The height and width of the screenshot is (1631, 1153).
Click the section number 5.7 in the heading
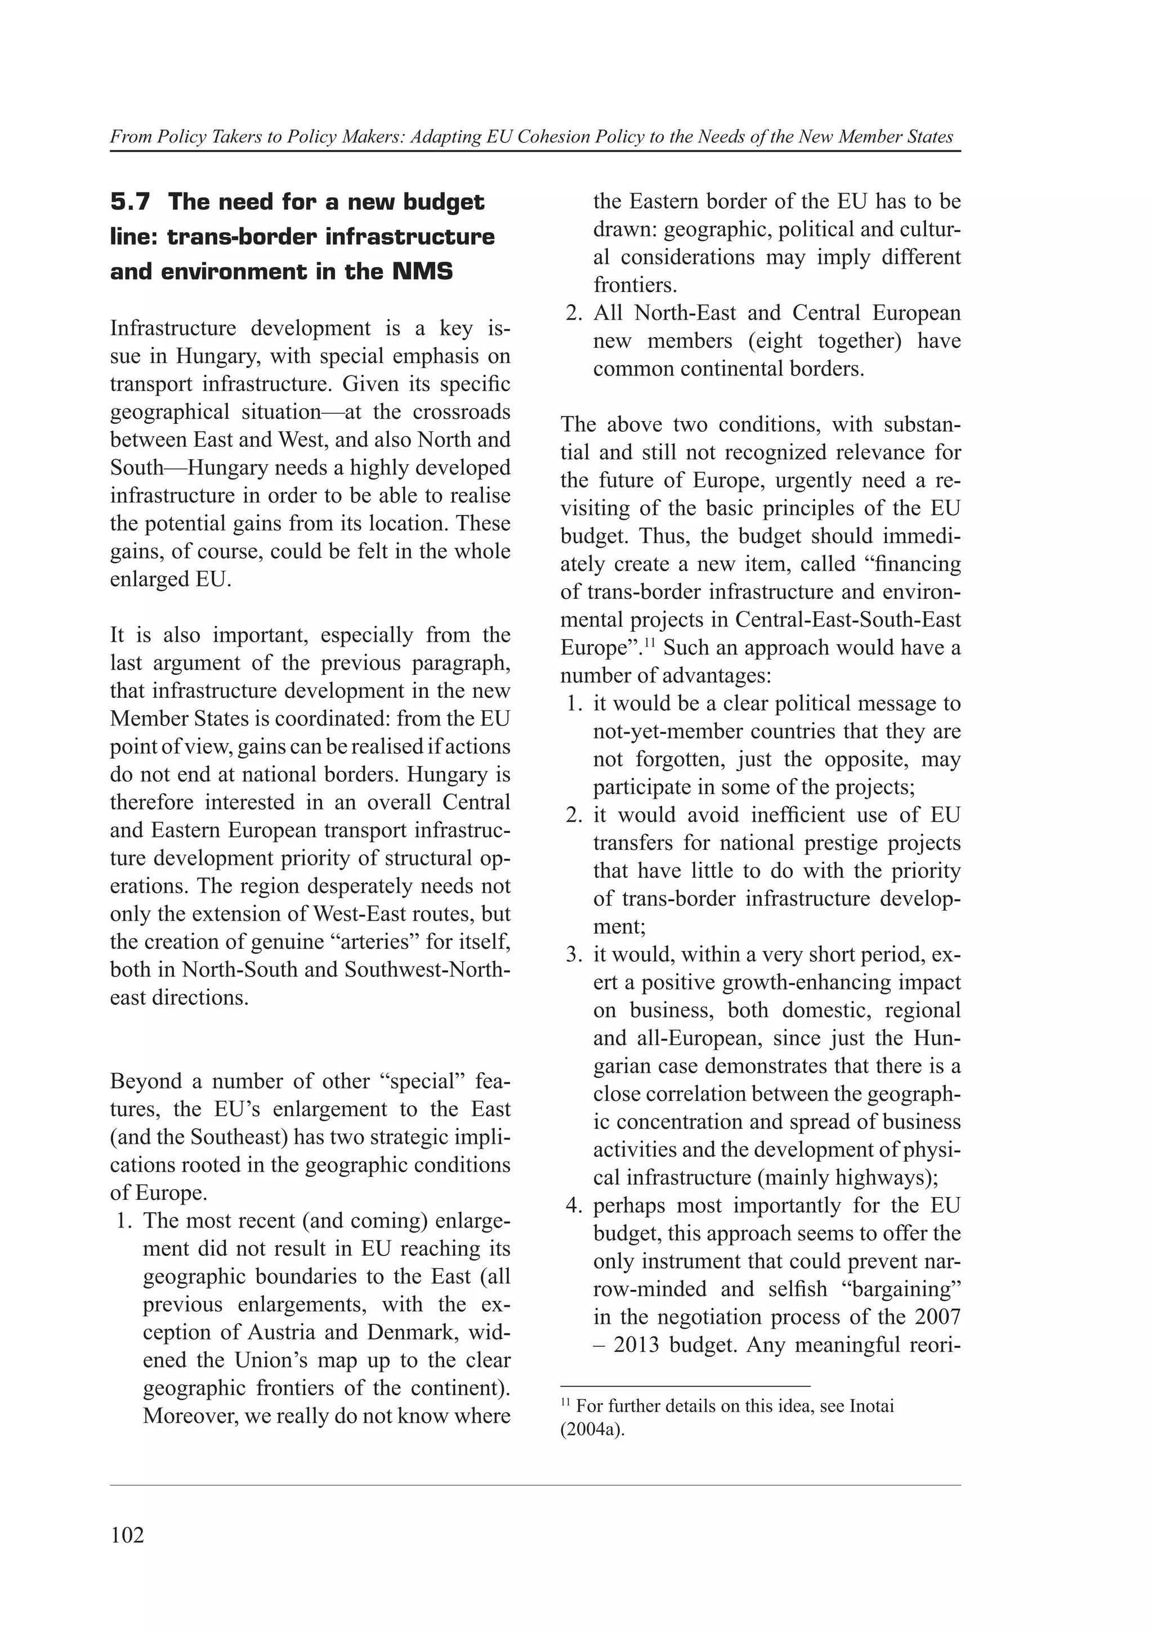(x=131, y=203)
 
